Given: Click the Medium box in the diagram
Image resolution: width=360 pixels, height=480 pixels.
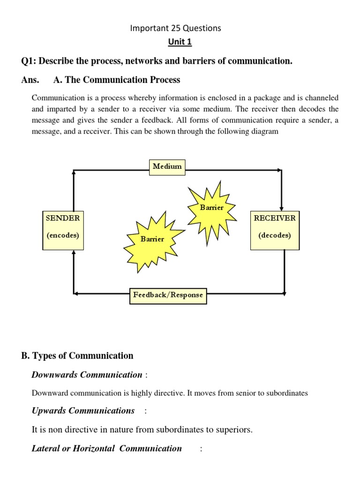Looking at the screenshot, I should pos(167,167).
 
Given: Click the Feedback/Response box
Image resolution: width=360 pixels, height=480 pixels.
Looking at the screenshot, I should pos(168,295).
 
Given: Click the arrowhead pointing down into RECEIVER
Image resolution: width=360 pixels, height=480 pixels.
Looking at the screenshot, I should pos(281,207).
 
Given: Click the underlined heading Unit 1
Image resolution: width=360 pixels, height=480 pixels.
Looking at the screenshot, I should pos(180,42).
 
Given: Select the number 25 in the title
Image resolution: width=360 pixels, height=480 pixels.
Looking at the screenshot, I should pos(168,28).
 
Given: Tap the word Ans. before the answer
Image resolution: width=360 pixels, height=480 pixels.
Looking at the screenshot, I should pos(30,80).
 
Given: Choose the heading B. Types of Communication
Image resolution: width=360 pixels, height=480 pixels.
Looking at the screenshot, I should pos(77,356).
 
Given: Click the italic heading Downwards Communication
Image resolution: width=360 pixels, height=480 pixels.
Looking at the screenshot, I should pos(87,375).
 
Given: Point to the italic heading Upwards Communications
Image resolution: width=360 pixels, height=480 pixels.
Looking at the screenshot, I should pos(83,411).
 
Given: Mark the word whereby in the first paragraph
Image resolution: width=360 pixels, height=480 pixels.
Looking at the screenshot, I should pos(142,98).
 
